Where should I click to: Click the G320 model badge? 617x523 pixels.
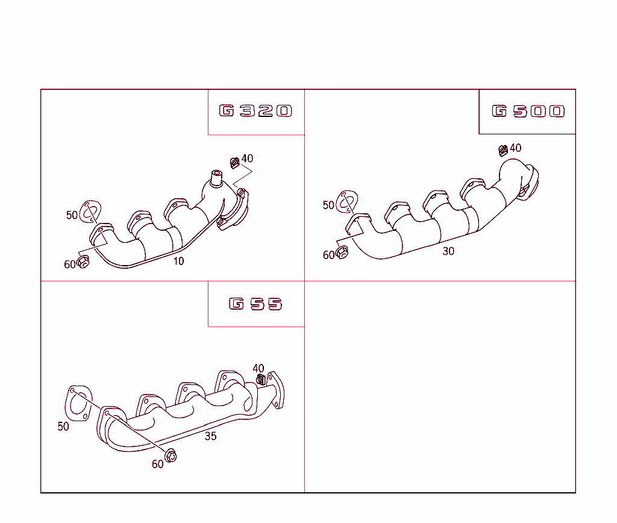255,111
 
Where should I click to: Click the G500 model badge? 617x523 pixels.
528,111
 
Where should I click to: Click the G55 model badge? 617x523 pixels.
255,304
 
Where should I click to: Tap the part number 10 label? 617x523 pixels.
179,261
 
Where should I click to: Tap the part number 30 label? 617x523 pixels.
448,251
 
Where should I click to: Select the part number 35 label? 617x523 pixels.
210,436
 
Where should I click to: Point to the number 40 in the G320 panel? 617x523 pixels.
247,159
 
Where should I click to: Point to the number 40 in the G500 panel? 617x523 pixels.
516,148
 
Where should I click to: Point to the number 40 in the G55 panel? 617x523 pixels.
258,368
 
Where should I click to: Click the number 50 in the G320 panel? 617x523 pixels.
72,215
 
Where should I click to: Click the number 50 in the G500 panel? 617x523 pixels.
328,205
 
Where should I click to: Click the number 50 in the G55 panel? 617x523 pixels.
63,427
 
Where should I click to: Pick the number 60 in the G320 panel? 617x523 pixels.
70,264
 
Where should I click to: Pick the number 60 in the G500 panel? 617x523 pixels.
328,255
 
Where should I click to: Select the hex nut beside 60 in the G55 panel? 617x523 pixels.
171,456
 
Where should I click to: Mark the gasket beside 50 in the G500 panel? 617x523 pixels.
347,201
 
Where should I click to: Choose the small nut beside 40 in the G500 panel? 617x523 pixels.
503,149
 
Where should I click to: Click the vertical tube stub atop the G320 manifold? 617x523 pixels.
216,178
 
